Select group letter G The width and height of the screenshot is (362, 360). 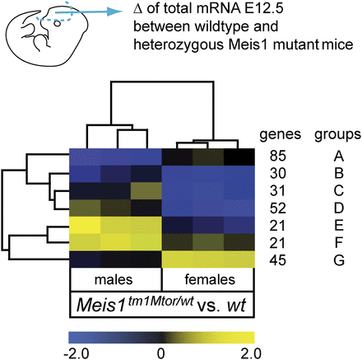[327, 262]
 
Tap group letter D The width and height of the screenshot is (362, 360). [327, 208]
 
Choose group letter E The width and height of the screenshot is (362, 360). [327, 227]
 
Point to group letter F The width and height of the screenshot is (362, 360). [327, 245]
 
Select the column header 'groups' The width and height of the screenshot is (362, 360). [327, 134]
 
